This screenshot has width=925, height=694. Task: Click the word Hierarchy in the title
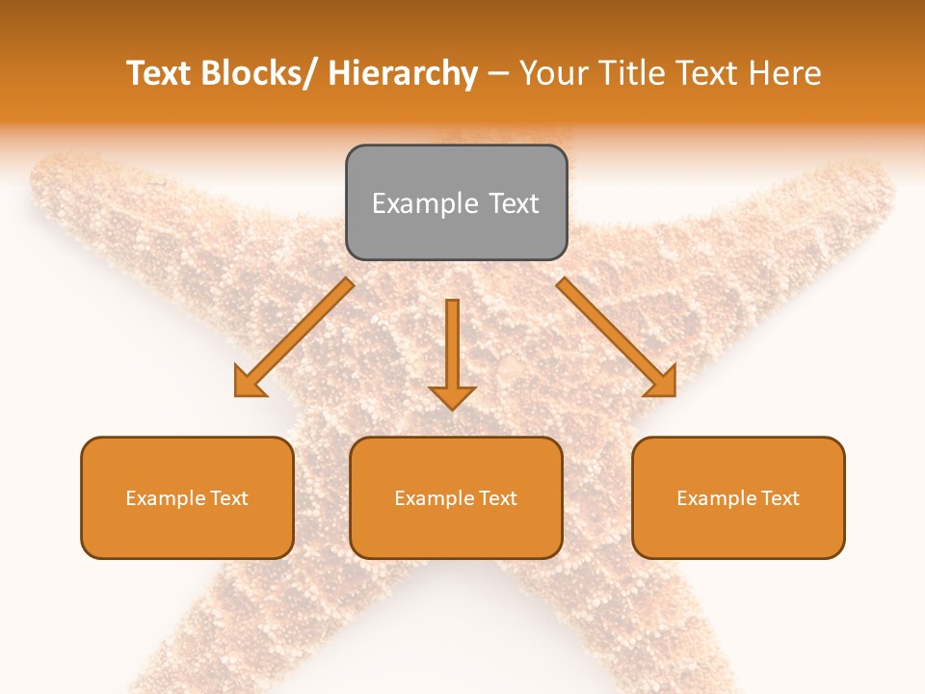(x=403, y=74)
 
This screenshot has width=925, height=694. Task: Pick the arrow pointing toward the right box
(x=617, y=337)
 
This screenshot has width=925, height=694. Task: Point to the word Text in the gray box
(x=512, y=203)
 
